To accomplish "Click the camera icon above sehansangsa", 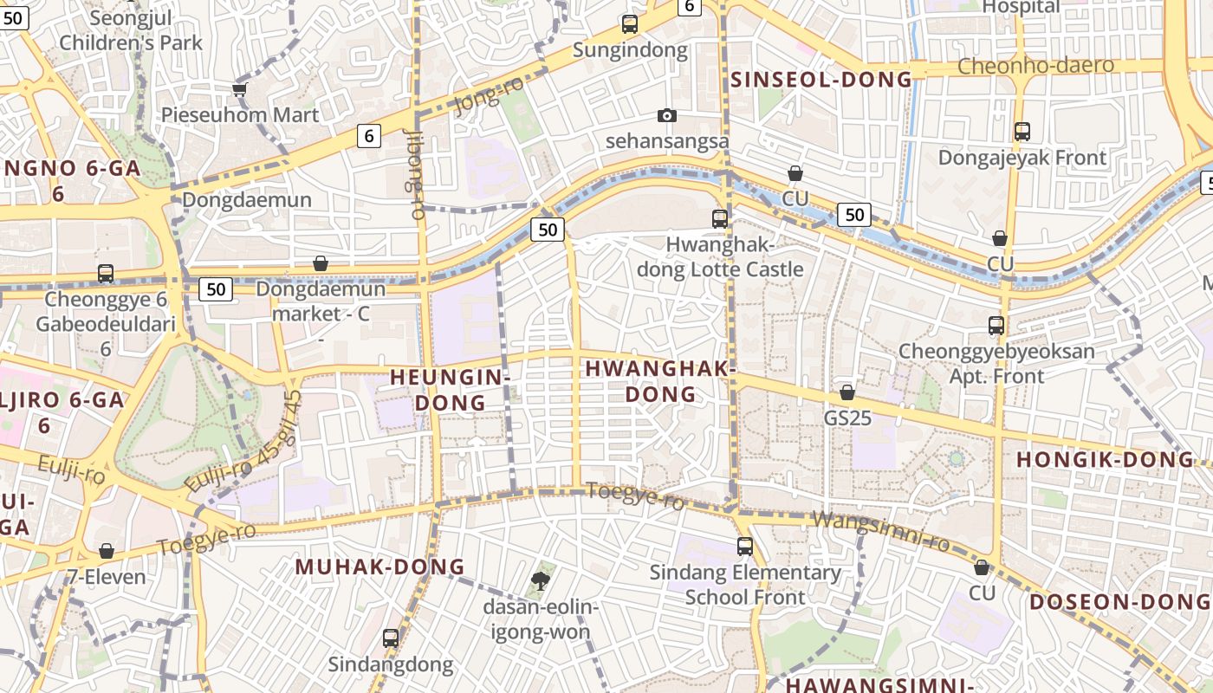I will pyautogui.click(x=666, y=115).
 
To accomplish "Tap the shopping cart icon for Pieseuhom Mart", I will pyautogui.click(x=240, y=89).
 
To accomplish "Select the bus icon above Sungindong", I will pyautogui.click(x=630, y=24).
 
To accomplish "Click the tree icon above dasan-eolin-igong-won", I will pyautogui.click(x=542, y=580).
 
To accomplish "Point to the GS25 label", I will pyautogui.click(x=847, y=418).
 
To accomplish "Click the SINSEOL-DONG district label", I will pyautogui.click(x=821, y=80).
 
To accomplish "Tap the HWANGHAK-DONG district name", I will pyautogui.click(x=660, y=381).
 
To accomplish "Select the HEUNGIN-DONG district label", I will pyautogui.click(x=449, y=390).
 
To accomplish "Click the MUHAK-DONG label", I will pyautogui.click(x=380, y=567).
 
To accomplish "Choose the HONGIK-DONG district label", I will pyautogui.click(x=1105, y=459).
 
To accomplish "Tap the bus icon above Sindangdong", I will pyautogui.click(x=391, y=638).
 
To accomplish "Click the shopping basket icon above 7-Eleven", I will pyautogui.click(x=107, y=551).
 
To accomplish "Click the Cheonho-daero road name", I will pyautogui.click(x=1035, y=66).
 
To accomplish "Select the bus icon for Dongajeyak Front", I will pyautogui.click(x=1022, y=132).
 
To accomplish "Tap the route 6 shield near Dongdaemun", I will pyautogui.click(x=369, y=136).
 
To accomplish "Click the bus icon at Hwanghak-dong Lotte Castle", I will pyautogui.click(x=720, y=218).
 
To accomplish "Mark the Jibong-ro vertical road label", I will pyautogui.click(x=414, y=173).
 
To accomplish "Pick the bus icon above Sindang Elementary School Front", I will pyautogui.click(x=745, y=547).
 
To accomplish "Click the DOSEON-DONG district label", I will pyautogui.click(x=1118, y=602).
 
